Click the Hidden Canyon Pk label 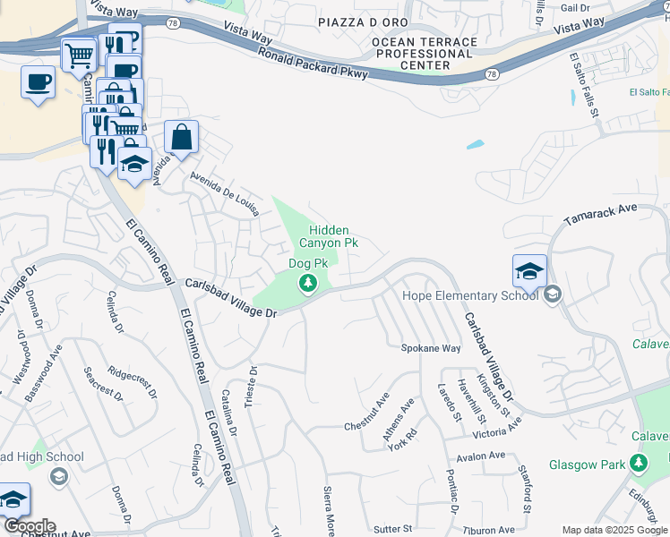[328, 236]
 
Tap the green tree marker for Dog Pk [308, 284]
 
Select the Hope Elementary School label [469, 295]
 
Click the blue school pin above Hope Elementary [529, 271]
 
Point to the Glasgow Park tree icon [638, 464]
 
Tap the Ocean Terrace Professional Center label [422, 54]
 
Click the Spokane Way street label [430, 347]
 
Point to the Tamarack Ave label [599, 214]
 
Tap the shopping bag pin [181, 139]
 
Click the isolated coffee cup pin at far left [38, 83]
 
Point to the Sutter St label [392, 529]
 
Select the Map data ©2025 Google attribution [614, 530]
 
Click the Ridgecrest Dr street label [132, 380]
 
